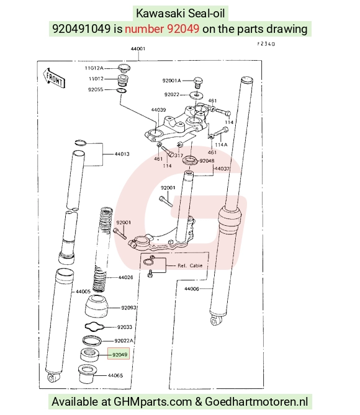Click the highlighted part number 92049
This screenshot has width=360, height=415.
119,354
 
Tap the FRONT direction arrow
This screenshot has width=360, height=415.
54,78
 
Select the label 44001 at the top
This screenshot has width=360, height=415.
138,49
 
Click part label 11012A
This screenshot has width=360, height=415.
94,68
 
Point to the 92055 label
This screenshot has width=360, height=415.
96,89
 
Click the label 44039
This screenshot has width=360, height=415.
158,110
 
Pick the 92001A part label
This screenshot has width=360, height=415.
172,81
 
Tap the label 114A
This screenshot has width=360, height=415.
221,145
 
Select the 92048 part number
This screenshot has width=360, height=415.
207,161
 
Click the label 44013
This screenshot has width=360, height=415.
122,154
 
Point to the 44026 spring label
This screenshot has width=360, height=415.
125,277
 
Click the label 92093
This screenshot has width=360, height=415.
128,308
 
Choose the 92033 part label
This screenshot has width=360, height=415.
125,327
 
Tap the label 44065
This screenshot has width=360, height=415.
115,375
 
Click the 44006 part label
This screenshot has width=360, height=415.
192,288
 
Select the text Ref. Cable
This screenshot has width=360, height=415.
190,266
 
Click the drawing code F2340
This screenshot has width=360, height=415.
266,43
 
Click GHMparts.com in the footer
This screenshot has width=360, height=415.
153,402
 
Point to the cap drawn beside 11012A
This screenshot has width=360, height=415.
124,68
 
